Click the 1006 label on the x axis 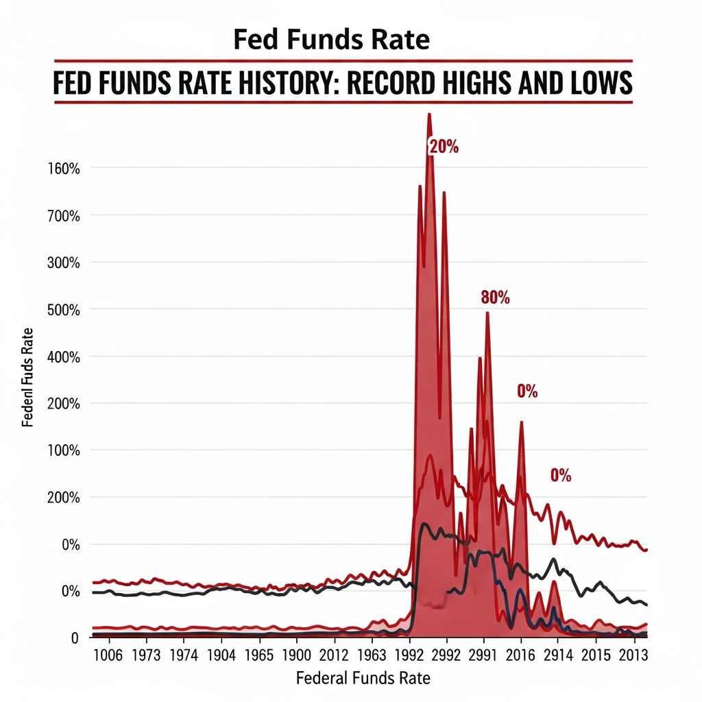click(108, 655)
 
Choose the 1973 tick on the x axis click(145, 655)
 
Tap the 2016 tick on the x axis click(520, 655)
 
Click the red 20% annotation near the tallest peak click(444, 146)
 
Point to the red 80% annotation click(495, 298)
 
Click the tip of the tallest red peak click(429, 114)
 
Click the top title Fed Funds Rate click(331, 40)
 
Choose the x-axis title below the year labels click(363, 679)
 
